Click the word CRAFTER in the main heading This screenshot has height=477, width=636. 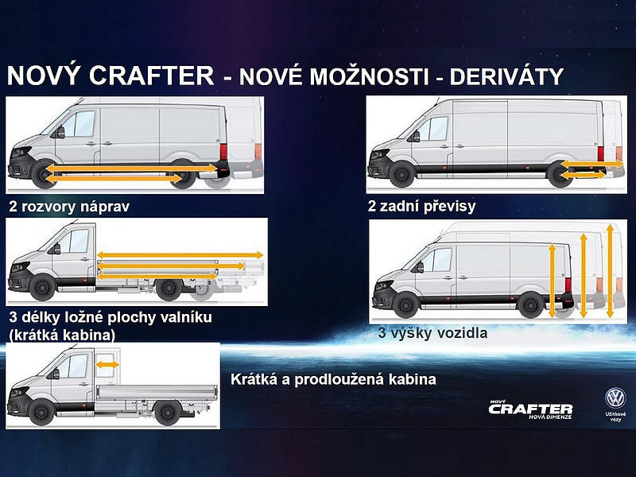151,76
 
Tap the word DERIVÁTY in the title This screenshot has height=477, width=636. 506,76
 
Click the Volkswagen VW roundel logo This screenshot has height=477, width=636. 615,398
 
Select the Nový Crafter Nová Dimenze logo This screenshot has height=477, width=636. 530,409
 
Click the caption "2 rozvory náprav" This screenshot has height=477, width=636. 69,207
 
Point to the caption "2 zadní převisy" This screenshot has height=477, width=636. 422,206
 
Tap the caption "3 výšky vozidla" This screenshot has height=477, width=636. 432,333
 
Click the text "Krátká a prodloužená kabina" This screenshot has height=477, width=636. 333,379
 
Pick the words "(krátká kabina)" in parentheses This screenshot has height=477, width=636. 62,335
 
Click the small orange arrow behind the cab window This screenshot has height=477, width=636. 107,365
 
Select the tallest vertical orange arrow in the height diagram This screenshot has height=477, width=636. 610,271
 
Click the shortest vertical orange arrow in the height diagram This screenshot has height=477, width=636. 552,281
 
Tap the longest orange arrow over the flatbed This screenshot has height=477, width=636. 180,255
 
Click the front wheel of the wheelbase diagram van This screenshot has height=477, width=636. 43,175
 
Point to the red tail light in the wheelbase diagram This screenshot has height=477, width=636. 223,151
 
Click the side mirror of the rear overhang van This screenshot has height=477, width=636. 416,136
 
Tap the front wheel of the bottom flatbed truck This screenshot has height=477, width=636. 41,412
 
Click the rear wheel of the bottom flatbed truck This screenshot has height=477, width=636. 167,412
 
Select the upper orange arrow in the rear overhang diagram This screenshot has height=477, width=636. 591,164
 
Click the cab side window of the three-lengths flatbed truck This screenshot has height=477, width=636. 75,242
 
